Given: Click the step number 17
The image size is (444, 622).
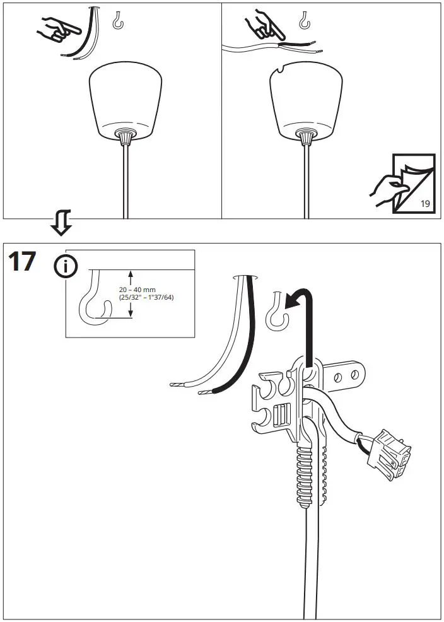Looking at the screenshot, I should (21, 261).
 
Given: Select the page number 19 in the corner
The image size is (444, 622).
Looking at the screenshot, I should (426, 203).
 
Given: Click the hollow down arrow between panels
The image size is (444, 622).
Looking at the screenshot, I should (61, 224).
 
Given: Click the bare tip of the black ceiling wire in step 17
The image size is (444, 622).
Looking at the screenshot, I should (204, 392).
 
